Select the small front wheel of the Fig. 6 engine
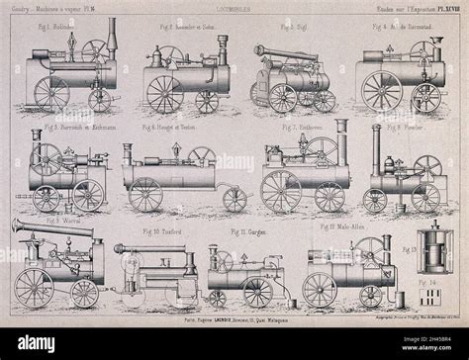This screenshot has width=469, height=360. (x=235, y=199)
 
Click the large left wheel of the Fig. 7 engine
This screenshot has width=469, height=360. (x=280, y=193)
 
